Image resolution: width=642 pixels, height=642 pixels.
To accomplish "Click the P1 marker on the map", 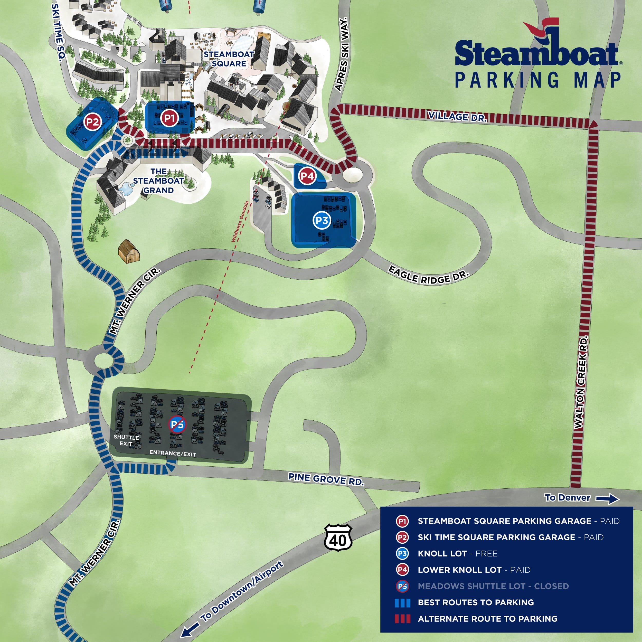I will [x=169, y=118].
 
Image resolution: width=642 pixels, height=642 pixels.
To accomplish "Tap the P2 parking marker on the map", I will [x=92, y=122].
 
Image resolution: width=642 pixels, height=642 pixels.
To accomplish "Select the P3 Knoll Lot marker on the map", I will [x=322, y=220].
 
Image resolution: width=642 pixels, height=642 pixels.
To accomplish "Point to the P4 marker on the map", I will [x=307, y=176].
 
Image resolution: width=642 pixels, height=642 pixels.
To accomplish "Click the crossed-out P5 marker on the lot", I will [x=177, y=424].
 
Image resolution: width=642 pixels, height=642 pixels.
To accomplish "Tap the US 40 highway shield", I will [x=338, y=538].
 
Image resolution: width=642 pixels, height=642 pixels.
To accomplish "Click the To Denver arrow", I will [x=607, y=498].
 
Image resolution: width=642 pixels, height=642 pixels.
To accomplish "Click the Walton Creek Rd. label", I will [x=581, y=382].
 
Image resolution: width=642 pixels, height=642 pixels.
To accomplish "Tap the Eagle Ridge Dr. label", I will [x=429, y=275].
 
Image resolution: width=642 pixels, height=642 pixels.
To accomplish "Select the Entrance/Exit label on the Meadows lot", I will [x=173, y=453].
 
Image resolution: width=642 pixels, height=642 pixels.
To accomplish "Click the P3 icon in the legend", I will [x=402, y=554].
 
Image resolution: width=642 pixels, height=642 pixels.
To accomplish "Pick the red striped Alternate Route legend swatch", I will [x=402, y=619].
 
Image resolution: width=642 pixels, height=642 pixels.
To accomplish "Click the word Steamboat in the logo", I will [x=536, y=53].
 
